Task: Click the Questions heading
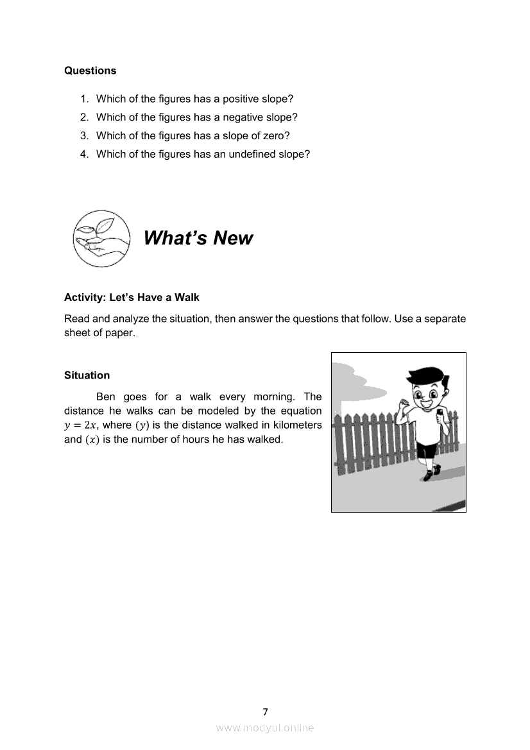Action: tap(90, 71)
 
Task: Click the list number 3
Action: tap(84, 135)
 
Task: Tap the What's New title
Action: tap(198, 238)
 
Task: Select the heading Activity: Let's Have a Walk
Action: tap(132, 298)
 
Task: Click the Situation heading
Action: tap(87, 375)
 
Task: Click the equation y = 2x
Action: tap(82, 425)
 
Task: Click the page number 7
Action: tap(265, 712)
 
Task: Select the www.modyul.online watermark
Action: tap(265, 728)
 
